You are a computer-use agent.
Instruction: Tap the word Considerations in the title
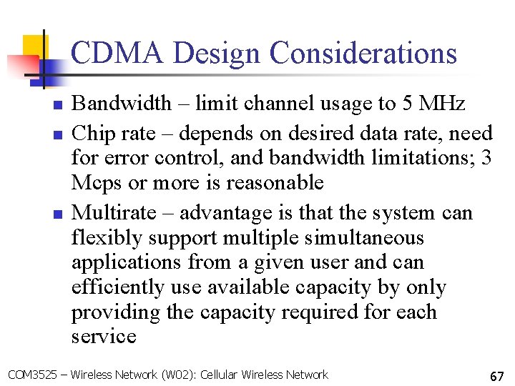[x=363, y=54]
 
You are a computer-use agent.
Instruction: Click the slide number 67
[x=496, y=375]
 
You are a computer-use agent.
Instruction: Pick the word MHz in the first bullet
[x=441, y=104]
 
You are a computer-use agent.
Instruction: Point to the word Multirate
[x=113, y=213]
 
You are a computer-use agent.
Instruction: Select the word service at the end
[x=104, y=337]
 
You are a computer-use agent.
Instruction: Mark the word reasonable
[x=275, y=183]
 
